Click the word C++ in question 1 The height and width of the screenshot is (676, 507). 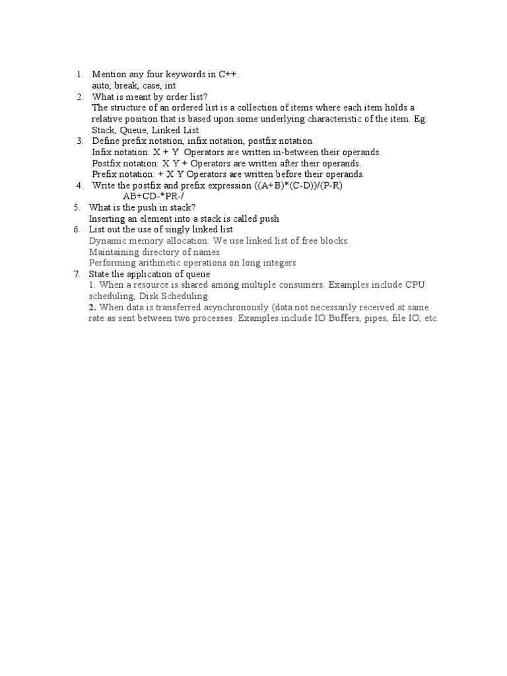pyautogui.click(x=228, y=75)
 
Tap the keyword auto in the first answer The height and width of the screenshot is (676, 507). pyautogui.click(x=101, y=86)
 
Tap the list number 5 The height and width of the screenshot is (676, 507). pyautogui.click(x=76, y=207)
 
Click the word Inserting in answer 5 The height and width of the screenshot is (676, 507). pyautogui.click(x=108, y=219)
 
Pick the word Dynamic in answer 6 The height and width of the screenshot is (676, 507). pyautogui.click(x=106, y=241)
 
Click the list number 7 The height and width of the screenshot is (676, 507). pyautogui.click(x=76, y=274)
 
